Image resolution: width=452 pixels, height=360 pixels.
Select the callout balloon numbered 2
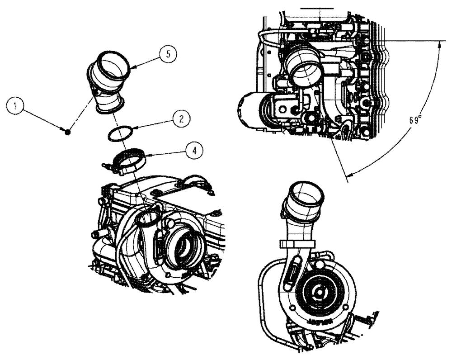(x=180, y=119)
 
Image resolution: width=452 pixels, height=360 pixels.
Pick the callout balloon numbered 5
(x=168, y=54)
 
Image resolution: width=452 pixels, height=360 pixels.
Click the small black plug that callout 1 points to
(x=67, y=132)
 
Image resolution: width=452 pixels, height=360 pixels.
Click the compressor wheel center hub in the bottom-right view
(x=319, y=292)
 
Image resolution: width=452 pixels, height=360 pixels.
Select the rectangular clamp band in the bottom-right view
(x=295, y=244)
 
